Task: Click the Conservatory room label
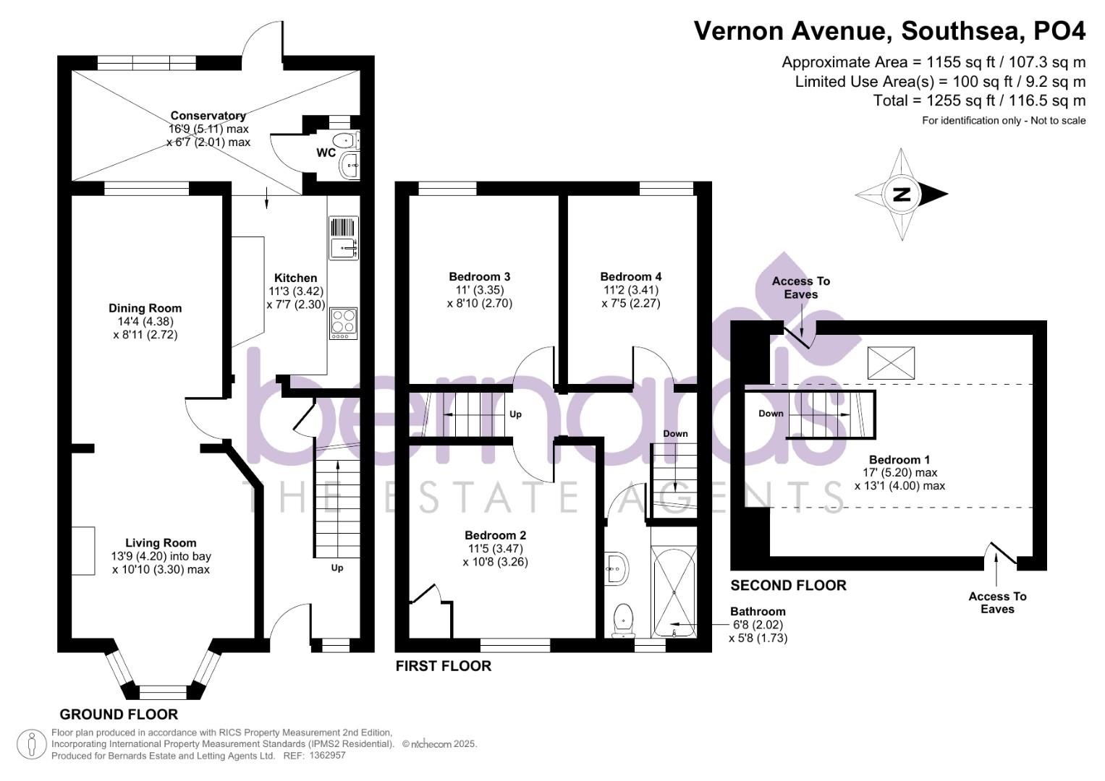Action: tap(208, 116)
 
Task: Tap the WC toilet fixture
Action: tap(347, 140)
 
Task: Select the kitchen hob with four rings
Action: tap(343, 323)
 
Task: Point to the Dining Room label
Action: tap(145, 308)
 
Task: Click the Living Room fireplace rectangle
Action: tap(83, 550)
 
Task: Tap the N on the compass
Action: tap(902, 195)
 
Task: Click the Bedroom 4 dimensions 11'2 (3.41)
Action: tap(631, 290)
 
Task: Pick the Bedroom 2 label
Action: tap(495, 535)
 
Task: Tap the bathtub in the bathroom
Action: tap(674, 592)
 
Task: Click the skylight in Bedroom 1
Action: tap(891, 363)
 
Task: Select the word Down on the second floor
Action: tap(771, 414)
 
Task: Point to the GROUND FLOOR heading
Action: tap(119, 714)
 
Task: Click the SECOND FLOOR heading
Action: tap(788, 585)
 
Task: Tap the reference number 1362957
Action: tap(327, 756)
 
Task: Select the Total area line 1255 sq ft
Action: tap(979, 101)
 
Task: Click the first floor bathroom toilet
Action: tap(623, 620)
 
